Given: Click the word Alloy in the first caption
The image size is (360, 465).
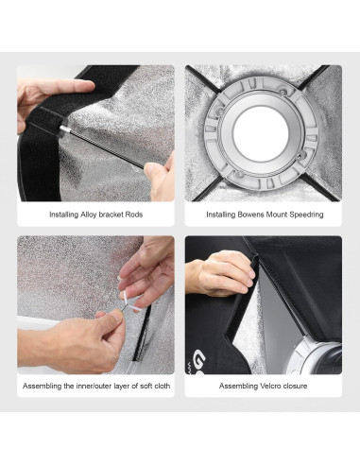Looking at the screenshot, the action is [x=89, y=215].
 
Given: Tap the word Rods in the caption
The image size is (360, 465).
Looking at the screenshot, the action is [x=134, y=215].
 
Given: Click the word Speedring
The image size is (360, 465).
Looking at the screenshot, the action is [x=306, y=215].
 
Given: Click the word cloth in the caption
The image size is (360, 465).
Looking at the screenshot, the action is [x=162, y=386].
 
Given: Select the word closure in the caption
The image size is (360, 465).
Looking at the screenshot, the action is [x=294, y=386].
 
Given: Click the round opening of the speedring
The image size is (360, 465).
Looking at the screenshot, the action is [x=261, y=132].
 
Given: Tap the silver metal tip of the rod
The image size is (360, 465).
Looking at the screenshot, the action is [x=64, y=129].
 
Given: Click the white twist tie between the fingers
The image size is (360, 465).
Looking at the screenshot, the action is [x=129, y=302].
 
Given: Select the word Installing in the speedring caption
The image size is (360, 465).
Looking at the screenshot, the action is [x=220, y=215].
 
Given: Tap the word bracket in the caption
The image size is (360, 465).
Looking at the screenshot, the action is [x=111, y=215].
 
